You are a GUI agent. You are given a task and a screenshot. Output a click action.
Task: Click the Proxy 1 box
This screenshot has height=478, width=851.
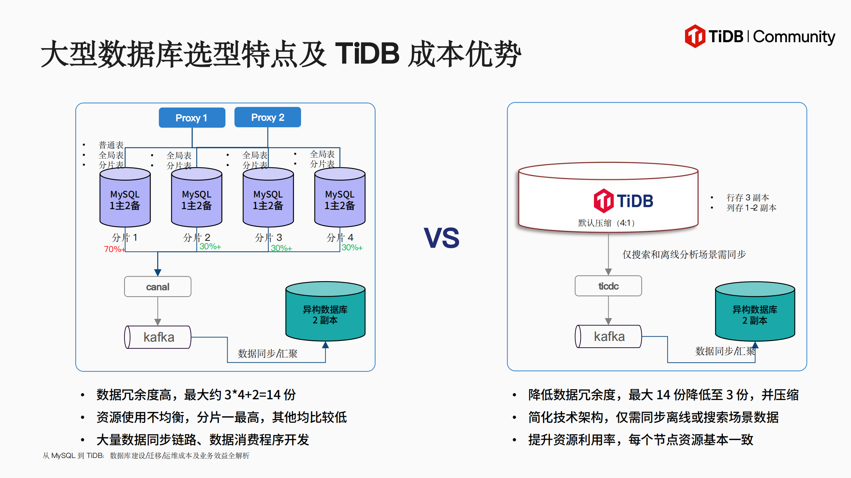click(192, 118)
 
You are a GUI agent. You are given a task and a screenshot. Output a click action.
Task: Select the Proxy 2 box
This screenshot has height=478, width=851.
click(268, 117)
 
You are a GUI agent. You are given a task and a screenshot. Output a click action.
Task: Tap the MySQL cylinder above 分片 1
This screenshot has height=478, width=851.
click(125, 199)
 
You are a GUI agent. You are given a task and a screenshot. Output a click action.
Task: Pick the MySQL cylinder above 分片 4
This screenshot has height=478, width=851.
click(340, 199)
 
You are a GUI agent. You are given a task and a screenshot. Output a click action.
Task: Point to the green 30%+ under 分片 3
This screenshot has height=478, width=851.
click(281, 248)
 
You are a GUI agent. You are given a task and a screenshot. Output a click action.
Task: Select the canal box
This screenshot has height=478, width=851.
click(158, 287)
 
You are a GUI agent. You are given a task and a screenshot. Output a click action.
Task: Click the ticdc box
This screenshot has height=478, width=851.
click(608, 286)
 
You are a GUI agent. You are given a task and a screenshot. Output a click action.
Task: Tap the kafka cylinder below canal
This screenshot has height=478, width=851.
click(158, 337)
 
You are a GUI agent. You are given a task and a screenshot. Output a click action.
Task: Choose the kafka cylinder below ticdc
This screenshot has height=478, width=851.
click(608, 337)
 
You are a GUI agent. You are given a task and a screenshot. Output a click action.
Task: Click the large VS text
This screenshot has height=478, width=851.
click(442, 238)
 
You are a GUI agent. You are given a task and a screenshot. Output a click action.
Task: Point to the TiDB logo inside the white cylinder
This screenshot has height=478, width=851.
click(623, 201)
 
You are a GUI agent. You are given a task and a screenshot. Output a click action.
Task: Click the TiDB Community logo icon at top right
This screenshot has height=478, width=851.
click(695, 36)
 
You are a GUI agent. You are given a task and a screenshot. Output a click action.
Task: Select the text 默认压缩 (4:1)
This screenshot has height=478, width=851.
click(606, 223)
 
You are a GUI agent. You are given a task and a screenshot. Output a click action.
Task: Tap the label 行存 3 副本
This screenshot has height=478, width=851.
click(748, 198)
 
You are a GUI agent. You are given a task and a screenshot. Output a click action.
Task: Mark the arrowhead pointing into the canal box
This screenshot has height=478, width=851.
click(158, 272)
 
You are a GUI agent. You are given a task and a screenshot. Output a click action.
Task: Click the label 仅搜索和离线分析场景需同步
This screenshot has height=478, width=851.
click(684, 254)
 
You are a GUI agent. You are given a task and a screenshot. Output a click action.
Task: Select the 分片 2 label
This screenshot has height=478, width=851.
click(197, 238)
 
